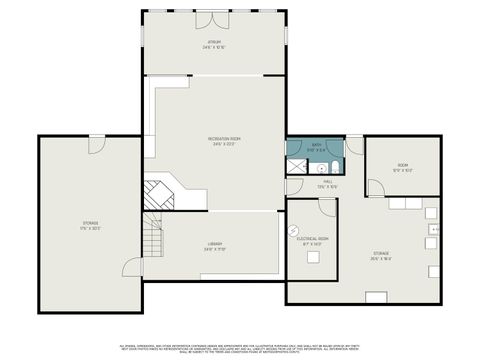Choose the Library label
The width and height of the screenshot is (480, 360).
coord(215,247)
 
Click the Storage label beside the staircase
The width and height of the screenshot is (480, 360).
coord(91,224)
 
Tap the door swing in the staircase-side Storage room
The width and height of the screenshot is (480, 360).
coord(94,145)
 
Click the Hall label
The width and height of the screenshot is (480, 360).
coord(326,184)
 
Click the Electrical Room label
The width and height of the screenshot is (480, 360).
coord(312,240)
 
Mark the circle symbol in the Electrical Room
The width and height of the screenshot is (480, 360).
coord(294,231)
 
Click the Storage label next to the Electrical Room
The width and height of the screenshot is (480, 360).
coord(381,255)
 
